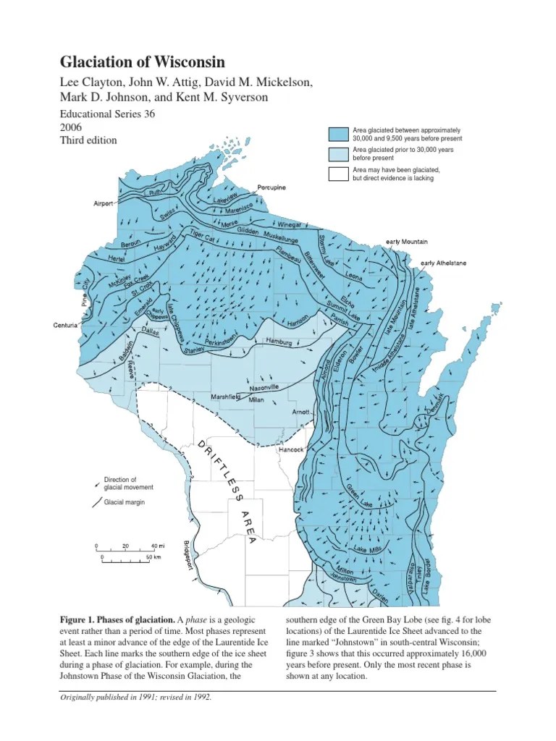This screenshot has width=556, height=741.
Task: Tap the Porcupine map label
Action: pos(271,187)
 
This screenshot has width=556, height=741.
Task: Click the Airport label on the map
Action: pos(104,204)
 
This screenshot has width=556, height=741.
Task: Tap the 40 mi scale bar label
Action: pos(158,546)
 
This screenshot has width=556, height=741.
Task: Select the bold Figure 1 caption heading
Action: pos(117,620)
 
